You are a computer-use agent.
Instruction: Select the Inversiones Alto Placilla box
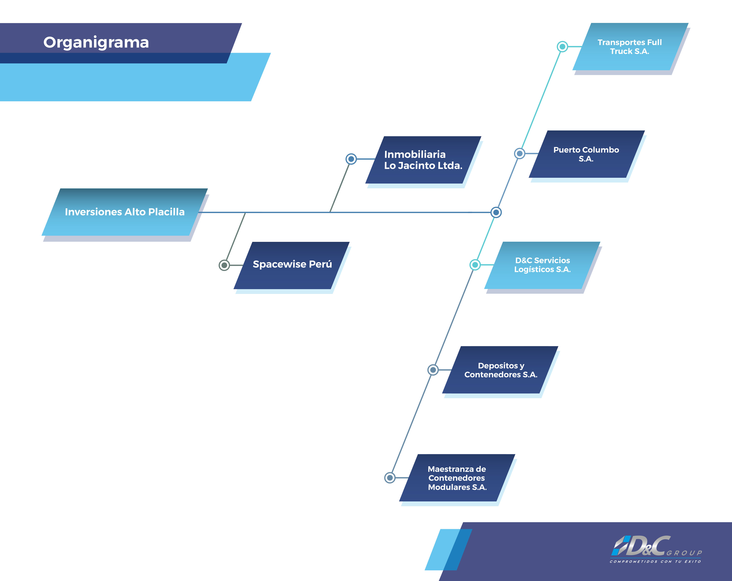(x=125, y=212)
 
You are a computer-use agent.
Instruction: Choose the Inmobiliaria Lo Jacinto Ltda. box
(x=423, y=160)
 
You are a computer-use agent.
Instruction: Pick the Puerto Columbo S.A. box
(x=587, y=154)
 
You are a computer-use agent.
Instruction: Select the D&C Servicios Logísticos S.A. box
(x=542, y=265)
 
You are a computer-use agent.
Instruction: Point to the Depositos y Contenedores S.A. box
(x=500, y=370)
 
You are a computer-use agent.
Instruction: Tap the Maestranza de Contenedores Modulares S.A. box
(x=457, y=478)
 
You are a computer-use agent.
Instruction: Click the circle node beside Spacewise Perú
(x=224, y=265)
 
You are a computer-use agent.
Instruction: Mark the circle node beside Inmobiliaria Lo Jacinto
(x=351, y=159)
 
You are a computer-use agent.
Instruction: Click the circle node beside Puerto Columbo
(x=519, y=154)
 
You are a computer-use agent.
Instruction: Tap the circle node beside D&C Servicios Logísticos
(x=475, y=265)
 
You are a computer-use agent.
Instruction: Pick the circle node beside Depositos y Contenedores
(x=433, y=370)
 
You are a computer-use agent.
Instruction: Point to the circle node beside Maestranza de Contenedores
(x=390, y=478)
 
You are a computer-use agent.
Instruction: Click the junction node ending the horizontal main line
(x=496, y=212)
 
